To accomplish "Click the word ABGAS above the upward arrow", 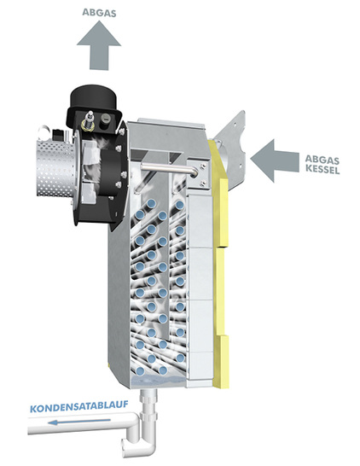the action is [99, 13].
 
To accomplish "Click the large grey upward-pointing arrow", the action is [99, 46].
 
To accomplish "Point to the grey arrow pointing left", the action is [275, 160].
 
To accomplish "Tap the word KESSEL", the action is [322, 169].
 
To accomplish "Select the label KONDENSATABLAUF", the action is [79, 406].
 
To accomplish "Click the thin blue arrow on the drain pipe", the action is [79, 421].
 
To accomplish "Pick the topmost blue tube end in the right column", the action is [179, 205].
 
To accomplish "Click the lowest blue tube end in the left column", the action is [140, 371].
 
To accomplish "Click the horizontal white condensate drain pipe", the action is [82, 423].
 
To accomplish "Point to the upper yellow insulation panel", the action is [220, 193].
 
